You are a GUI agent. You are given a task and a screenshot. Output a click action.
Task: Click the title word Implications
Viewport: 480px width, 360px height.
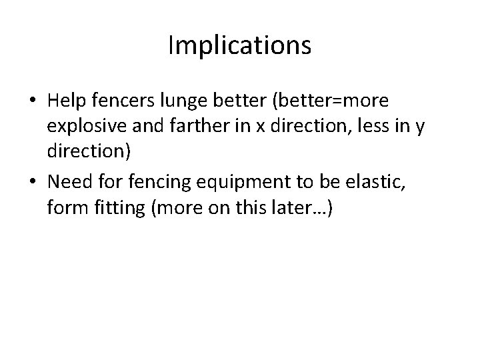(x=239, y=45)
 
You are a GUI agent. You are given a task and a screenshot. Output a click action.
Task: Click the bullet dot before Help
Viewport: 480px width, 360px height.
(x=32, y=101)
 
